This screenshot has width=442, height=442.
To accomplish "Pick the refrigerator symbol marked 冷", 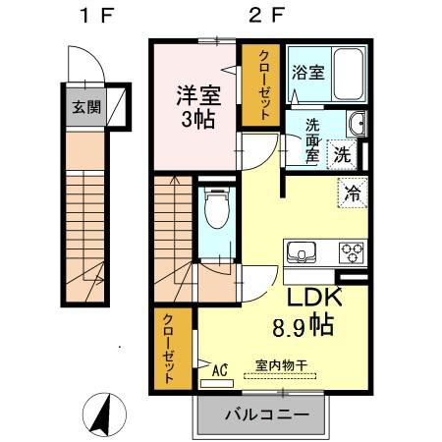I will [x=351, y=193].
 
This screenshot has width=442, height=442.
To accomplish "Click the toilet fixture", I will [x=215, y=210].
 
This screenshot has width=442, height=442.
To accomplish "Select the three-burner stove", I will [x=350, y=250].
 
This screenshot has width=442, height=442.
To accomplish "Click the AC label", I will [x=220, y=370].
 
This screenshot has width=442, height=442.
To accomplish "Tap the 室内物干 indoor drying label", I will [x=281, y=365].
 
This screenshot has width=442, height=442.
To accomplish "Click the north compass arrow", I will [x=100, y=414].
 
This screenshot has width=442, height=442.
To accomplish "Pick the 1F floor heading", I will [x=89, y=16].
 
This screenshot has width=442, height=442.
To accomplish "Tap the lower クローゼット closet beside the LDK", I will [x=169, y=349].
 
